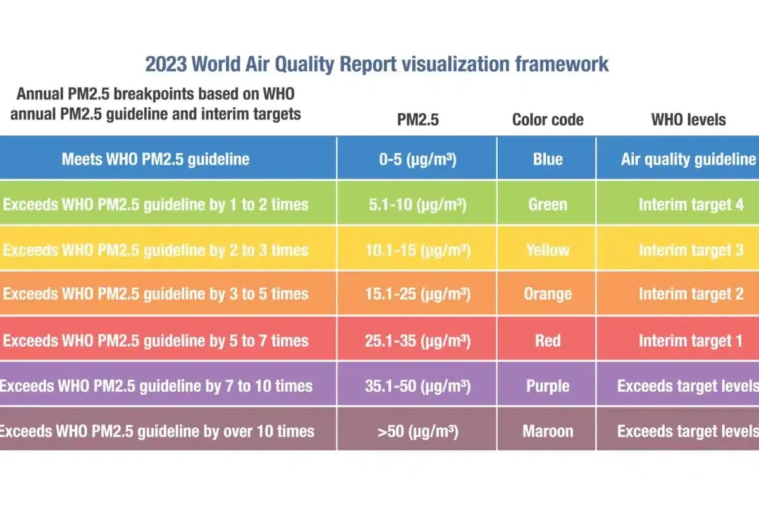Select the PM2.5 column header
[417, 120]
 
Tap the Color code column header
[548, 120]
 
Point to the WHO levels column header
[689, 120]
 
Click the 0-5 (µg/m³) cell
[417, 159]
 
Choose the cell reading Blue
[548, 159]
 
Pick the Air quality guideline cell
[688, 159]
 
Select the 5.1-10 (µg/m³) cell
[417, 205]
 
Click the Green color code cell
[548, 205]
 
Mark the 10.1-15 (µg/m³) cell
[417, 250]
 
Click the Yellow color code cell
[548, 250]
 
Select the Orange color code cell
[548, 294]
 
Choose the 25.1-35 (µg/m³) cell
[417, 341]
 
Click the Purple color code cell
[548, 386]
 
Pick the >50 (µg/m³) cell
[417, 432]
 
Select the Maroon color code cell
[548, 432]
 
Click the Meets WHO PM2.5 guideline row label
[156, 159]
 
